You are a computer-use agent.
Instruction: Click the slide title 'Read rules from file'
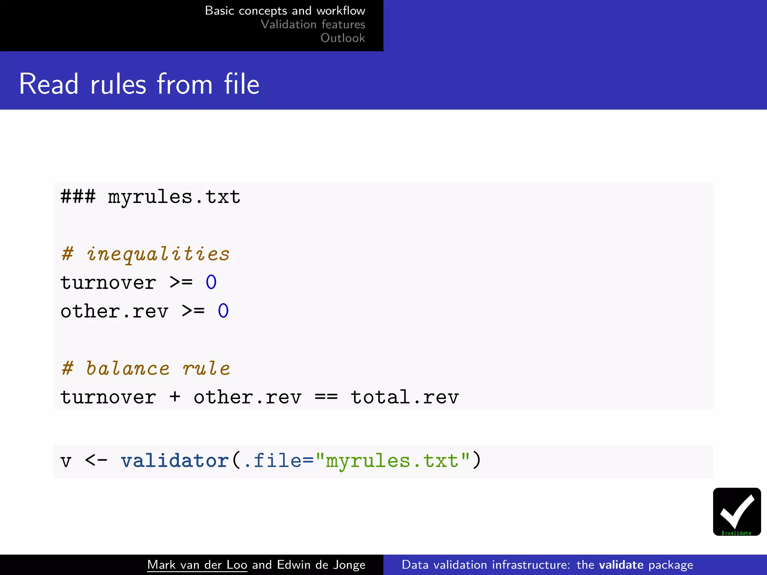pyautogui.click(x=139, y=84)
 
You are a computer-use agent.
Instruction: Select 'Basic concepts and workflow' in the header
pyautogui.click(x=285, y=10)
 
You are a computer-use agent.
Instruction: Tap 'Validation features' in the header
pyautogui.click(x=313, y=24)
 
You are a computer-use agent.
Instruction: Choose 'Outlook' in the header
pyautogui.click(x=343, y=38)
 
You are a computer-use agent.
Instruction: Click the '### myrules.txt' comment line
pyautogui.click(x=150, y=197)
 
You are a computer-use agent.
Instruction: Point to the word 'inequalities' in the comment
pyautogui.click(x=158, y=254)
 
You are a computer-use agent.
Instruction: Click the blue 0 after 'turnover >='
pyautogui.click(x=211, y=282)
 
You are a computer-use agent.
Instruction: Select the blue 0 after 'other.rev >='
pyautogui.click(x=223, y=311)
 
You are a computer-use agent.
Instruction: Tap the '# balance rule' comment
pyautogui.click(x=146, y=368)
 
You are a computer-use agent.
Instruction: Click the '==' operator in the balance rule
pyautogui.click(x=326, y=397)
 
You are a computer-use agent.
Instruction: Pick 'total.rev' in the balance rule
pyautogui.click(x=405, y=397)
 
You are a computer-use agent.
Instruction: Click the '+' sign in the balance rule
pyautogui.click(x=175, y=397)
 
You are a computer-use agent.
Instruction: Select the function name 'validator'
pyautogui.click(x=175, y=460)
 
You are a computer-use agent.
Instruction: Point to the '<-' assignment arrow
pyautogui.click(x=96, y=460)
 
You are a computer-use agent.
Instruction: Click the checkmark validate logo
pyautogui.click(x=737, y=511)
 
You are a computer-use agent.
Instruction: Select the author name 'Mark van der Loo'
pyautogui.click(x=197, y=565)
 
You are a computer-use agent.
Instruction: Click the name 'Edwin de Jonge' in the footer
pyautogui.click(x=321, y=565)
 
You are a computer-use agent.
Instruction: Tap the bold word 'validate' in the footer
pyautogui.click(x=621, y=565)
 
